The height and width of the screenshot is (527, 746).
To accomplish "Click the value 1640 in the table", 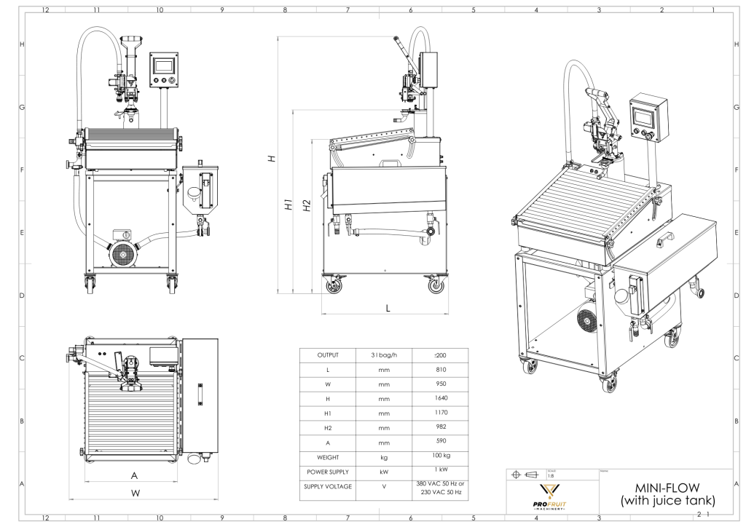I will point(439,400).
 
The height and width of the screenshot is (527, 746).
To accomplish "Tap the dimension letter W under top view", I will point(135,493).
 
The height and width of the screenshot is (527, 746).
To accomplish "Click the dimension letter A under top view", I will point(134,475).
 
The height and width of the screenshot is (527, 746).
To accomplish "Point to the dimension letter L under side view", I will point(388,308).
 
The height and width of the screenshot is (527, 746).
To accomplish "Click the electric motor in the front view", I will point(121,252).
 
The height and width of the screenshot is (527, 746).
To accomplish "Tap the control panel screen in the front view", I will point(163,64).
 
